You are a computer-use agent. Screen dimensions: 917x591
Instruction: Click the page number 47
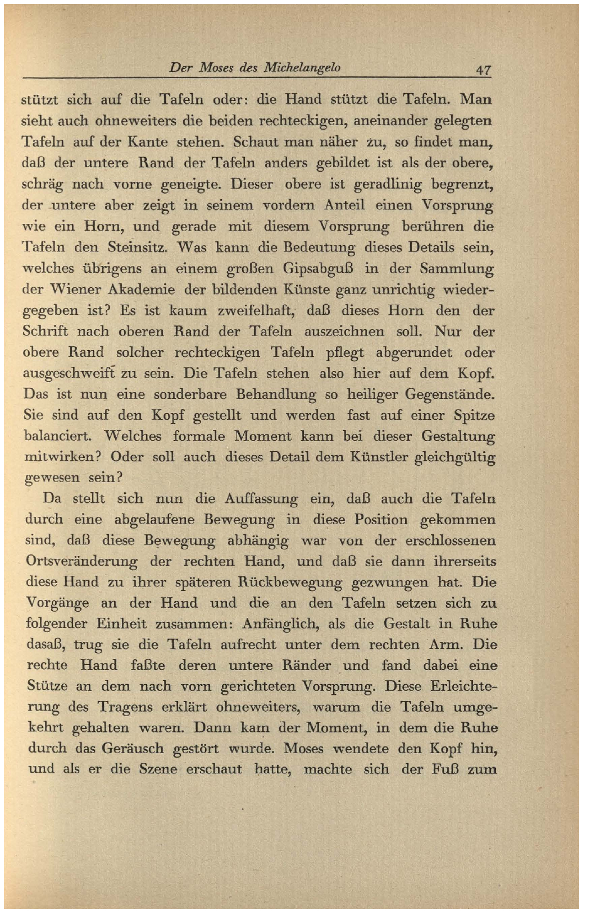(x=483, y=70)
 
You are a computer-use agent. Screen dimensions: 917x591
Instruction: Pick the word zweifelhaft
(x=256, y=310)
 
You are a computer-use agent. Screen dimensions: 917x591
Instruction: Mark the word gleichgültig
(x=454, y=457)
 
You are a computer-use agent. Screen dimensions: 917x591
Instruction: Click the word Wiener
(x=75, y=290)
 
